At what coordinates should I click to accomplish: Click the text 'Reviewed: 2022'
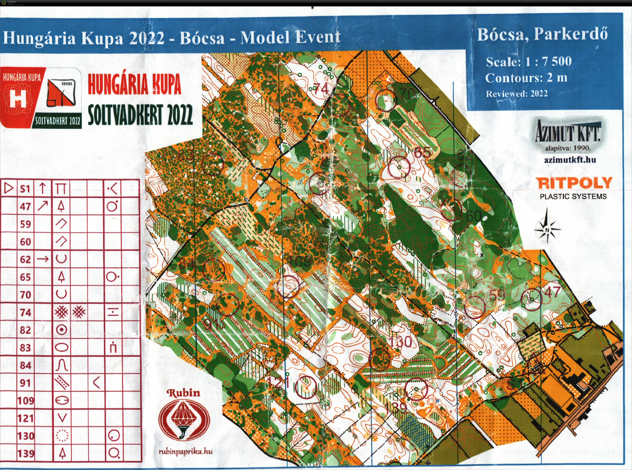coord(517,94)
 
